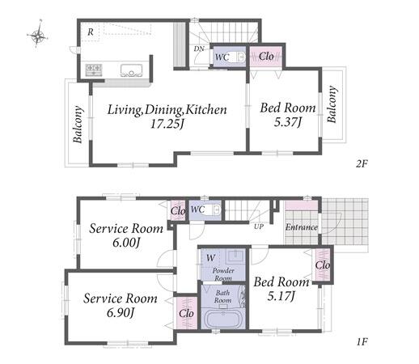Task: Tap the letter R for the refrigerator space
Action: pos(91,32)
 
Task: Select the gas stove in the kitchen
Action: pos(94,70)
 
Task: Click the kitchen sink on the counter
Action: pos(131,70)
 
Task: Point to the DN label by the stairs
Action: pos(199,49)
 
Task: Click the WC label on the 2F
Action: pos(222,57)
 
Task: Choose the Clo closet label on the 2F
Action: pos(266,57)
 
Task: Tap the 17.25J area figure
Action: pos(167,124)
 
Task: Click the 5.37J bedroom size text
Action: pos(287,122)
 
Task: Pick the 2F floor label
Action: pos(362,163)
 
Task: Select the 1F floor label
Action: pos(362,342)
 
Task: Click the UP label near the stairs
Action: pos(259,226)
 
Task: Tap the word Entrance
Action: pos(302,227)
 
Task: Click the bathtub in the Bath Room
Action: pos(222,319)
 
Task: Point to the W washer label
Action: pos(210,258)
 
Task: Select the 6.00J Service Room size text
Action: pos(126,243)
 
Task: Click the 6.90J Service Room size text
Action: pos(121,312)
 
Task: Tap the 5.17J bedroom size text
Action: pos(281,296)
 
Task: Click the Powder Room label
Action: pos(223,274)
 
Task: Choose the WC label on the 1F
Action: pos(197,210)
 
